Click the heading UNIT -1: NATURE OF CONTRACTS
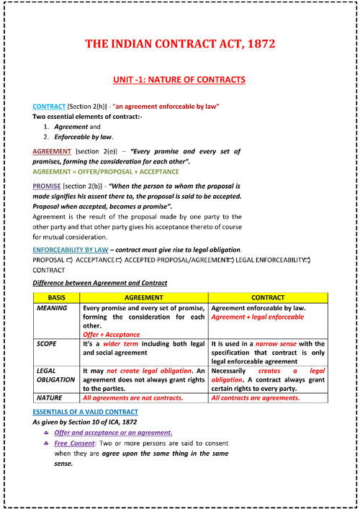tap(179, 79)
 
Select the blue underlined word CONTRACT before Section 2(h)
tap(49, 106)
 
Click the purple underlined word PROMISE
tap(47, 186)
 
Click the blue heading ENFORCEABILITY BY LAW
tap(79, 248)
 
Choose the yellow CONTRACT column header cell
tap(268, 297)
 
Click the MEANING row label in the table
tap(52, 307)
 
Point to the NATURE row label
tap(50, 397)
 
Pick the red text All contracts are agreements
tap(256, 397)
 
